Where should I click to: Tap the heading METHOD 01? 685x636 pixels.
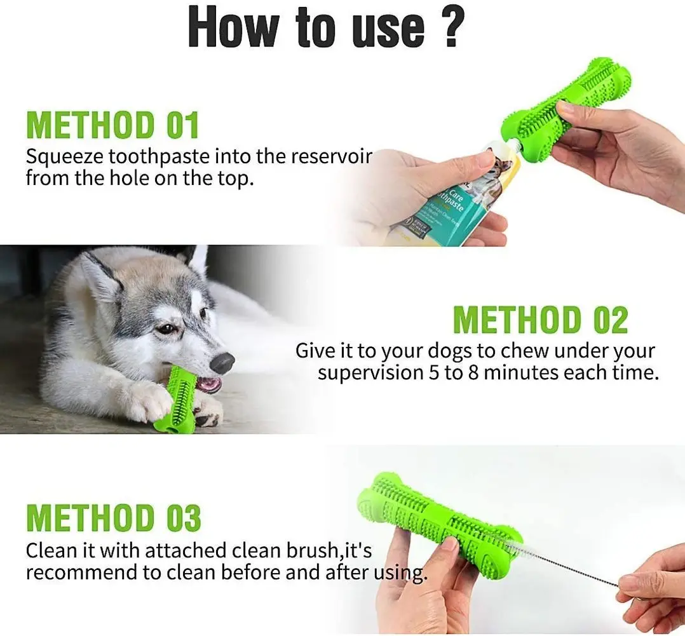click(x=112, y=125)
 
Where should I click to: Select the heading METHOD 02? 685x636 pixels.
click(x=540, y=320)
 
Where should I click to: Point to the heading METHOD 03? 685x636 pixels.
click(x=113, y=518)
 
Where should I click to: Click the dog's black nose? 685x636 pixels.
click(x=221, y=363)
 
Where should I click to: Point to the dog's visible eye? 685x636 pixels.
click(x=166, y=328)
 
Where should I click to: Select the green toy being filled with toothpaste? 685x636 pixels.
click(x=566, y=102)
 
